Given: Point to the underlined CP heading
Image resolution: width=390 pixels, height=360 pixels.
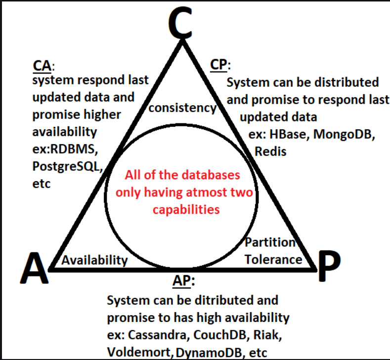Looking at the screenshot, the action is [219, 65].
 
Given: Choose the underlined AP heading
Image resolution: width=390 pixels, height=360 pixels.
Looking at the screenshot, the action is [183, 281].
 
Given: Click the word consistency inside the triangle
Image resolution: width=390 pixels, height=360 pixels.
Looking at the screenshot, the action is [182, 108].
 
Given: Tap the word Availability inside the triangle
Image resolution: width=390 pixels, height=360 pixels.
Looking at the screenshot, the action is [94, 260].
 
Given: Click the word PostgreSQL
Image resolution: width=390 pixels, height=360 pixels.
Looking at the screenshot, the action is [67, 166].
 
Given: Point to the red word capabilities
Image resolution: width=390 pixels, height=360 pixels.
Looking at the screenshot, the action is [186, 209].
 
